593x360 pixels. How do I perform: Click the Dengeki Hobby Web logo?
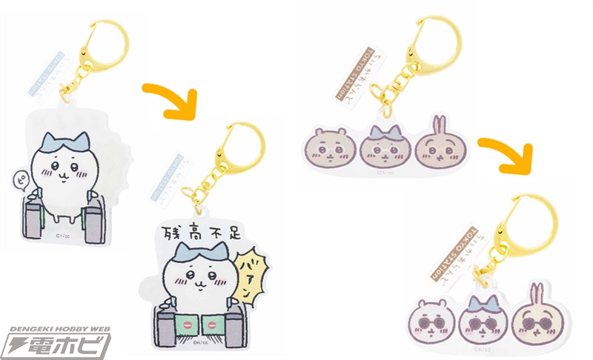point(56,339)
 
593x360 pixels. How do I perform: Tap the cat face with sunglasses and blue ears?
point(479,314)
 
